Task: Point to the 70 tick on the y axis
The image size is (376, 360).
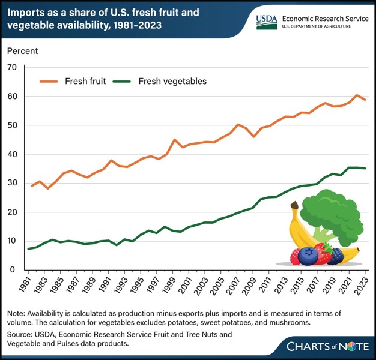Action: (x=11, y=67)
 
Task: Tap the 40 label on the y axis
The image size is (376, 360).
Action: (x=11, y=154)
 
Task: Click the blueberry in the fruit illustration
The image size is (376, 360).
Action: (x=308, y=256)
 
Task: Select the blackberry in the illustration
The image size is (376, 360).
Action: (x=335, y=256)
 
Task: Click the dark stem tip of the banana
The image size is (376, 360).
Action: (x=294, y=205)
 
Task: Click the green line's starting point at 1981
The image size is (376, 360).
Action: (x=29, y=248)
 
